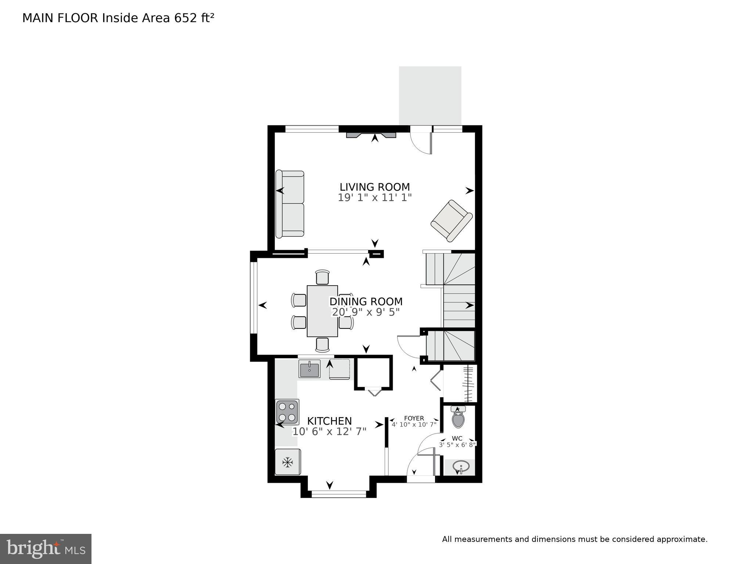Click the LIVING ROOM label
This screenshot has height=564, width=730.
pyautogui.click(x=374, y=187)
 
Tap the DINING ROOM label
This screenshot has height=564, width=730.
pyautogui.click(x=366, y=302)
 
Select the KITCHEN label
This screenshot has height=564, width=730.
pyautogui.click(x=329, y=421)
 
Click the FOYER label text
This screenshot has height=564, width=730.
pyautogui.click(x=414, y=418)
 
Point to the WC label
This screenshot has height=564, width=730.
pyautogui.click(x=457, y=438)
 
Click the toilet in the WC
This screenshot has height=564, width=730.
pyautogui.click(x=458, y=418)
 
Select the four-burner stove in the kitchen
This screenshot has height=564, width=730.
pyautogui.click(x=287, y=412)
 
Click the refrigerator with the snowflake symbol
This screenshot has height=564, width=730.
pyautogui.click(x=288, y=462)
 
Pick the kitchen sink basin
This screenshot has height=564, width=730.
pyautogui.click(x=310, y=369)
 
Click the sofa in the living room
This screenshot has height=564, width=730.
pyautogui.click(x=290, y=204)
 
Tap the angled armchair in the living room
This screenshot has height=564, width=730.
pyautogui.click(x=452, y=220)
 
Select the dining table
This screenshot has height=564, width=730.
pyautogui.click(x=322, y=311)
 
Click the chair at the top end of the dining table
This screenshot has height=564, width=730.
pyautogui.click(x=323, y=277)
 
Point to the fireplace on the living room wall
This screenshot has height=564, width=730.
pyautogui.click(x=371, y=135)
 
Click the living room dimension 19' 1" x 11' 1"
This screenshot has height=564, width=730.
pyautogui.click(x=374, y=198)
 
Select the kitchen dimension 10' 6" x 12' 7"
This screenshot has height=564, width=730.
pyautogui.click(x=329, y=432)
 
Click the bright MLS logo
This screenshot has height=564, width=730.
pyautogui.click(x=46, y=549)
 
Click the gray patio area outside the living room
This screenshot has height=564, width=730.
pyautogui.click(x=430, y=96)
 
